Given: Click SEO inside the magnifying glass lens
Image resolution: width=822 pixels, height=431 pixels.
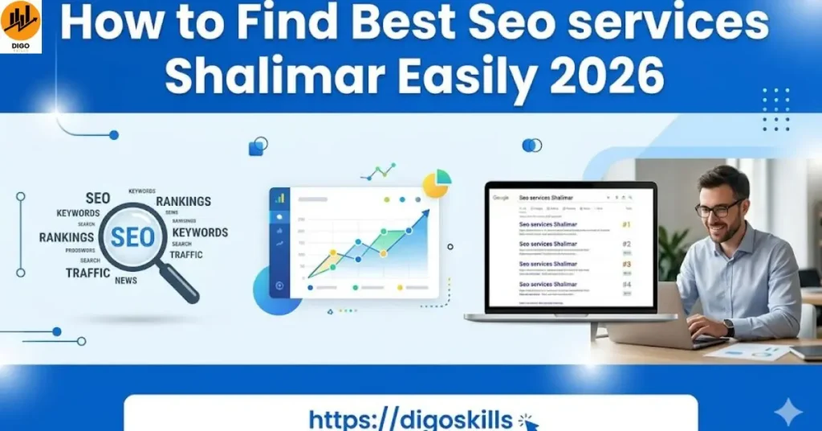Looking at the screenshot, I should point(132,236).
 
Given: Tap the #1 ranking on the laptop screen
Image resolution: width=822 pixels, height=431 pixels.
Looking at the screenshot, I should point(626,225).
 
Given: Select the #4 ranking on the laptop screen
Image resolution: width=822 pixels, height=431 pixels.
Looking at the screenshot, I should point(626,285).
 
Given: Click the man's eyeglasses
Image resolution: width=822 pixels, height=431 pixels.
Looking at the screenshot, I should point(719,210).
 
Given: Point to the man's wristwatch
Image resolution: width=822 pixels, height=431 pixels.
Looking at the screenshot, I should point(728,327).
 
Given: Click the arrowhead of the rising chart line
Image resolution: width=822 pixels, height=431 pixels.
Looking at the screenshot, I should point(425,213).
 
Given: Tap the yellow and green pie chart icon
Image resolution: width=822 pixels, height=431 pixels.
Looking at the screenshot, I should point(437,183).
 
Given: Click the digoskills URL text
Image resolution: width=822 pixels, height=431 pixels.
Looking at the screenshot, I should point(410,419).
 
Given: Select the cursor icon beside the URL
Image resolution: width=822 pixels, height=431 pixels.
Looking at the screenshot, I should point(528,420).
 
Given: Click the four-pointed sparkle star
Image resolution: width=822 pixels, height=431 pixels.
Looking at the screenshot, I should point(787,413).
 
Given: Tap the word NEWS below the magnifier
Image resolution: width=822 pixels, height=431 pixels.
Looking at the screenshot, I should point(126,281).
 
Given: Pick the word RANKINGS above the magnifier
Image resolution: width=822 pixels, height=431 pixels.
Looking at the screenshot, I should point(183,201).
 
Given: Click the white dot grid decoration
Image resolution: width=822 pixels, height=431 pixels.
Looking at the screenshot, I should point(775,109).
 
